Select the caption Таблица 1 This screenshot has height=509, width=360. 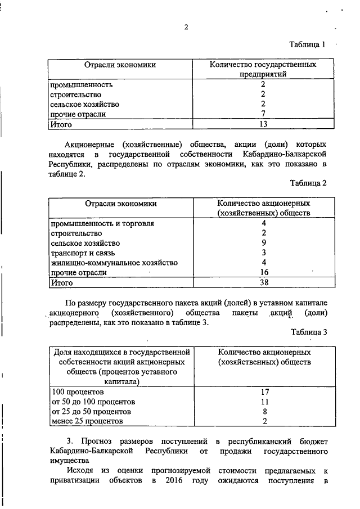[x=308, y=44]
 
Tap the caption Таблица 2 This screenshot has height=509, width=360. [x=308, y=183]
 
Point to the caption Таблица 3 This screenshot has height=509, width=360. [x=308, y=332]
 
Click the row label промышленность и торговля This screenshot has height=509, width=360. [x=102, y=223]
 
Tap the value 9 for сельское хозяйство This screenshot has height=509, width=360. [x=263, y=243]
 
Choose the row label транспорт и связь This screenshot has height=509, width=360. [x=83, y=253]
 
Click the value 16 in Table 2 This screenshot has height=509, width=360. [x=263, y=273]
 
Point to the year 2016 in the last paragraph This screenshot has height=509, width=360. [x=175, y=481]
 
